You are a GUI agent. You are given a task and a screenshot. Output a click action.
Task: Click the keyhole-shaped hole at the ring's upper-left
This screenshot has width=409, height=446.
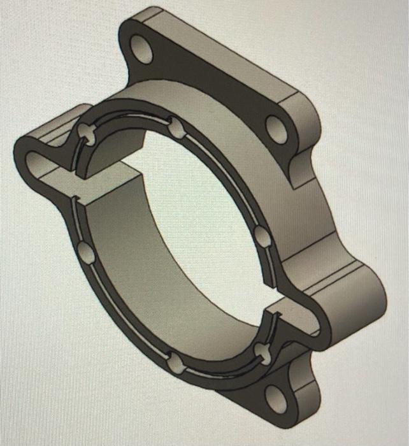pos(86,133)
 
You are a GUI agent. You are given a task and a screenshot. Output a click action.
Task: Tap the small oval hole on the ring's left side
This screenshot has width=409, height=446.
pos(86,253)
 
